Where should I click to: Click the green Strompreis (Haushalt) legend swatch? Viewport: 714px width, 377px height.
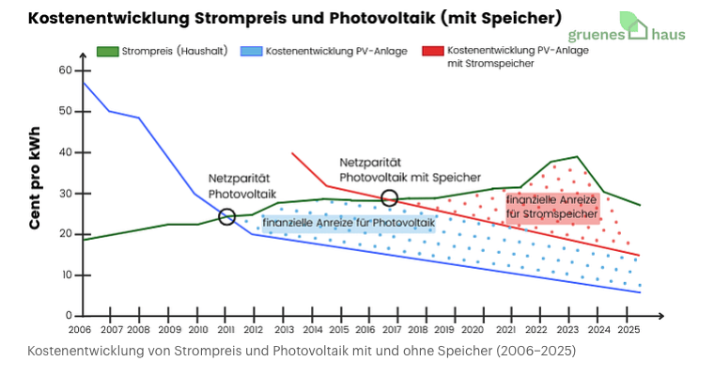(x=107, y=51)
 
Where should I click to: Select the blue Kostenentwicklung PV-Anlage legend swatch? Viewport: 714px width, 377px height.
(x=251, y=51)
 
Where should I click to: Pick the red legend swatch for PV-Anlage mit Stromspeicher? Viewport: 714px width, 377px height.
(x=433, y=51)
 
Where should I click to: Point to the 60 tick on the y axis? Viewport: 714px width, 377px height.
(x=65, y=71)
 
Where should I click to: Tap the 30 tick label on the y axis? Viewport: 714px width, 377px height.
(x=65, y=194)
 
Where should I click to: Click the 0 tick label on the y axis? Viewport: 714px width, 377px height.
(x=69, y=316)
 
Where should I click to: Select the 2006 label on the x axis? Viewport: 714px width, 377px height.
(x=81, y=330)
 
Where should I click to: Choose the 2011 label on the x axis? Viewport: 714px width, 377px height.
(x=226, y=330)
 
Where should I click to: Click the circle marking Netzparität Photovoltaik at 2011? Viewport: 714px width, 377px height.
(x=226, y=217)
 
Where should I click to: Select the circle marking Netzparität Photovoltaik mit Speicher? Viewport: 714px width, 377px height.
(x=390, y=197)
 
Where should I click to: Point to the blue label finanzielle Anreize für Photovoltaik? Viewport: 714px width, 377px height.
(x=348, y=223)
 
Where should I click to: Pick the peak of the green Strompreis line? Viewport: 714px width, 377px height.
(x=577, y=157)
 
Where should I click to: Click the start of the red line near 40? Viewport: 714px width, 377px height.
(x=292, y=153)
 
